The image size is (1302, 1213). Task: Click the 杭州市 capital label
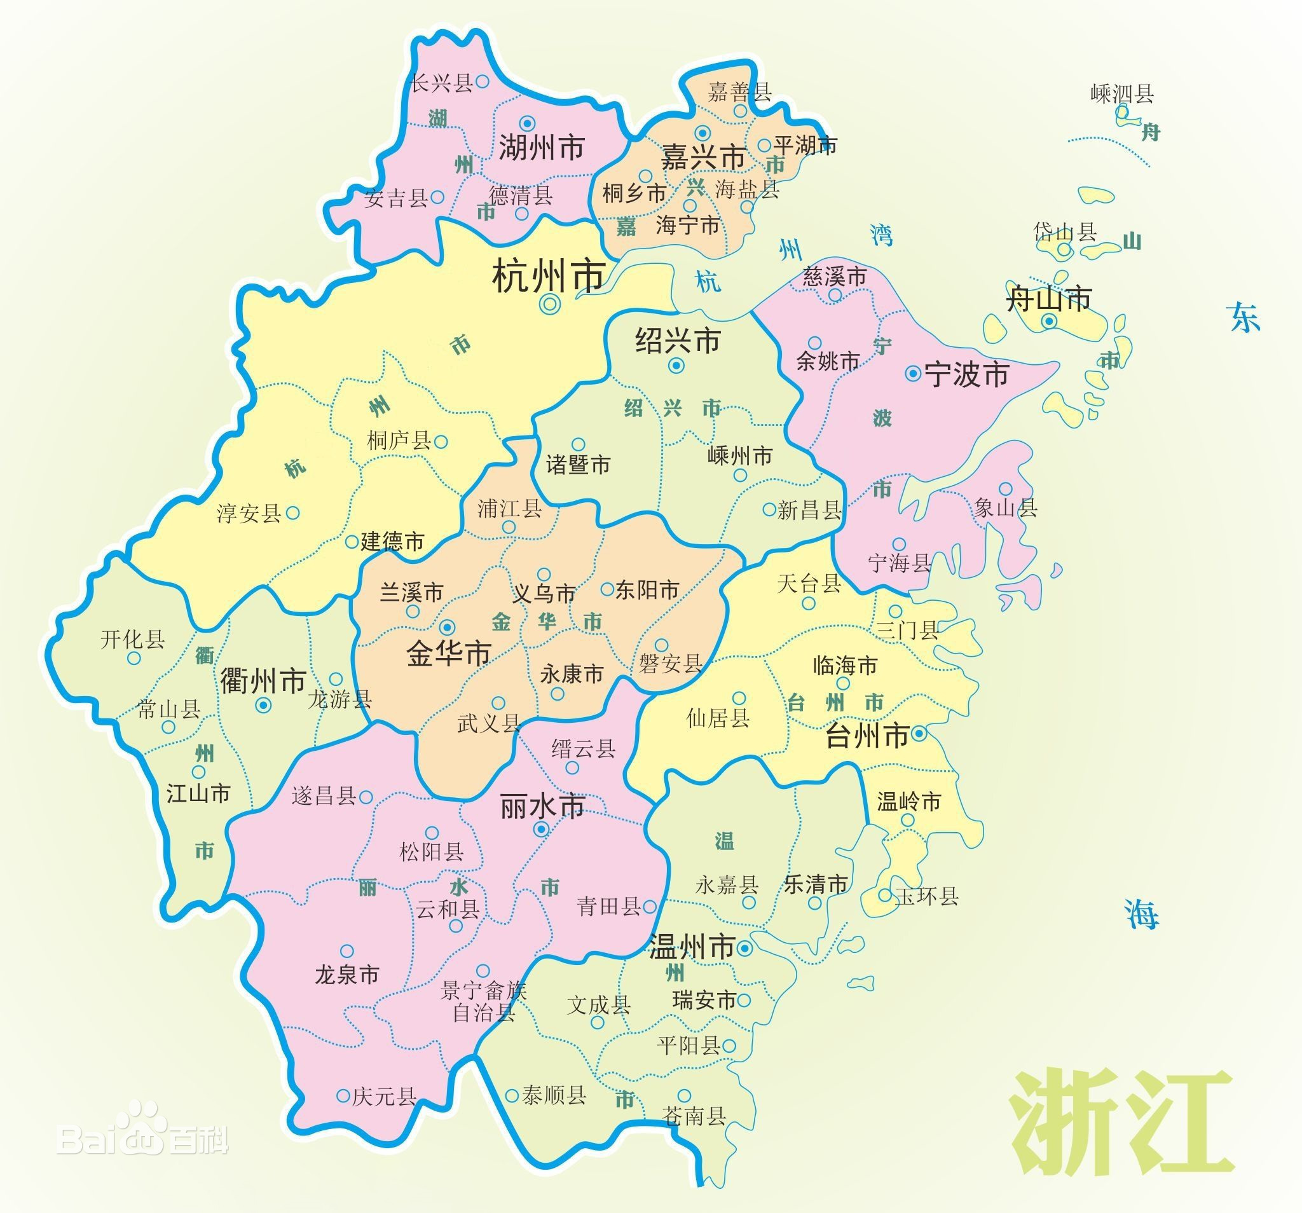[547, 276]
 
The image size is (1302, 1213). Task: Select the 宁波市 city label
[966, 374]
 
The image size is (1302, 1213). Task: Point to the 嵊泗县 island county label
[1122, 94]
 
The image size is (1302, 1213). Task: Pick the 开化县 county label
[132, 640]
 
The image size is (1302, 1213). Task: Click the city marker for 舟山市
[1049, 321]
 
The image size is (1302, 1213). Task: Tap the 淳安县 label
[249, 514]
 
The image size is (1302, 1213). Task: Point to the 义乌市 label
[544, 593]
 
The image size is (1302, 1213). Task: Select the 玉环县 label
[927, 896]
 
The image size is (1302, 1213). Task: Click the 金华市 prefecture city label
[449, 654]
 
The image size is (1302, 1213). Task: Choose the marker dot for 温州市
[744, 949]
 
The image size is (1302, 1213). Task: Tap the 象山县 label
[1005, 507]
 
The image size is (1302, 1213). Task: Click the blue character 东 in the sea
[1244, 318]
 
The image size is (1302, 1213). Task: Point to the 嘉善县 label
[739, 92]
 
